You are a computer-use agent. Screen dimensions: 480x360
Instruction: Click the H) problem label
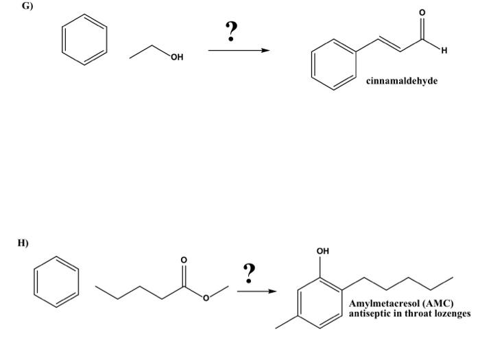point(22,242)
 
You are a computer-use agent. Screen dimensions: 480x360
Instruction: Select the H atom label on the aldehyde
point(444,49)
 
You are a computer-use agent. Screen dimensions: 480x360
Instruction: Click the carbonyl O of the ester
point(183,260)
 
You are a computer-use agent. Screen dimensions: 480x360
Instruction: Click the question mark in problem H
point(250,273)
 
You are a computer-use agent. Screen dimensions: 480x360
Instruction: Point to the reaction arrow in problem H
point(256,291)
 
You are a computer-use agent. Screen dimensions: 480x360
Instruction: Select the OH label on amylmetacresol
point(322,251)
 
